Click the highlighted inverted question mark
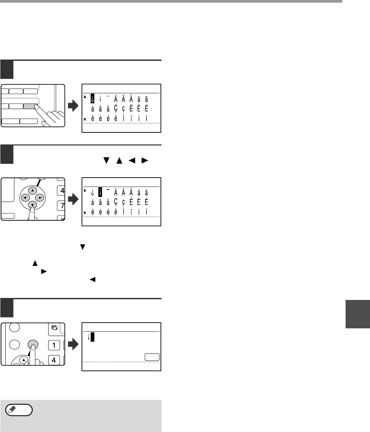coord(92,98)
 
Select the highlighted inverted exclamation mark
coord(100,192)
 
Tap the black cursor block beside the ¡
coord(92,337)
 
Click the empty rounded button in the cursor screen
coord(152,357)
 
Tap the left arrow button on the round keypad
coord(25,198)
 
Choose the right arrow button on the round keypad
coord(39,198)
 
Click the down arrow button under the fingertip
coord(32,205)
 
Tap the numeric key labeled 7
coord(61,206)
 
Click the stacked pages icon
coord(55,328)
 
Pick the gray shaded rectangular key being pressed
coord(30,106)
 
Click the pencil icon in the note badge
coord(12,409)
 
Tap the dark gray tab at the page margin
coord(358,314)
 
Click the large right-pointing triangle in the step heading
coord(145,160)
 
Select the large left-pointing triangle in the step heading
coord(132,160)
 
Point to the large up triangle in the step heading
coord(119,160)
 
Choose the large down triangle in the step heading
coord(106,160)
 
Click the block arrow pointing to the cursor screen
coord(73,344)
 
